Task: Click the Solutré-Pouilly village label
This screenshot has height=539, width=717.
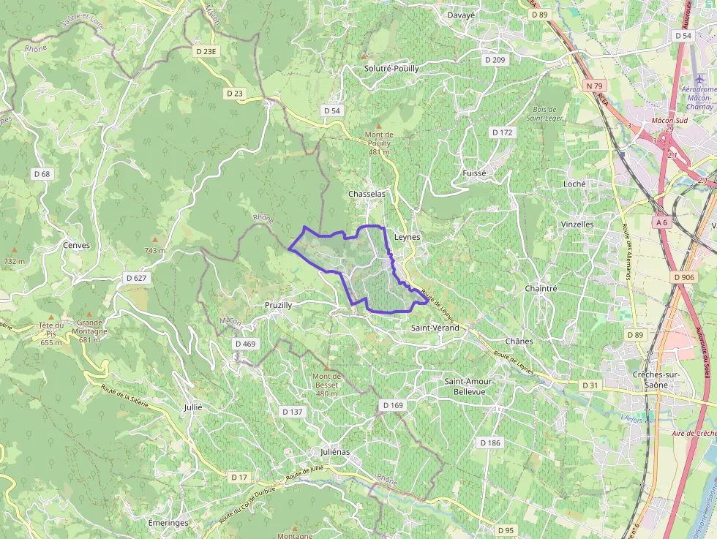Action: [x=391, y=68]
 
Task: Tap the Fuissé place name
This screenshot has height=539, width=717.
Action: [x=474, y=173]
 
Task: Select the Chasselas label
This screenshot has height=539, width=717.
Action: [x=367, y=194]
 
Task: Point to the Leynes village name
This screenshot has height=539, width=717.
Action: [x=408, y=238]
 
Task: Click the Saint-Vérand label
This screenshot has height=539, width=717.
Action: [x=435, y=328]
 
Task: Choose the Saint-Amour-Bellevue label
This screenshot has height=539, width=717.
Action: [x=470, y=386]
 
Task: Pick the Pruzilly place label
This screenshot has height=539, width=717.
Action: [x=278, y=304]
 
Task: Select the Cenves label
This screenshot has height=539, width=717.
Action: [x=76, y=245]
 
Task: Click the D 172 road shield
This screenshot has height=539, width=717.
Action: [x=502, y=132]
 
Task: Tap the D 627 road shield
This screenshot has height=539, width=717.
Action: [x=137, y=278]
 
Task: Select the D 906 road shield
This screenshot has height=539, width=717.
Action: [x=683, y=277]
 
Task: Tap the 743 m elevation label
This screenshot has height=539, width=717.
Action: [x=154, y=251]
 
